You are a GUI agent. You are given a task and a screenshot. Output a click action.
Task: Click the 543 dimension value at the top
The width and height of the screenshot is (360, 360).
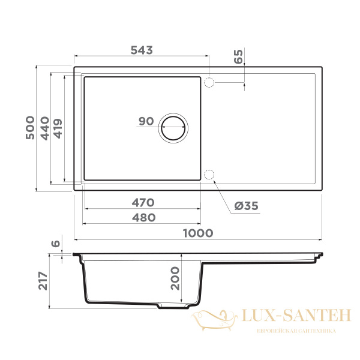(x=142, y=50)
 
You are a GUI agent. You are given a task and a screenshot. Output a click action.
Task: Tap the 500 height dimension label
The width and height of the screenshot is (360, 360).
(x=30, y=128)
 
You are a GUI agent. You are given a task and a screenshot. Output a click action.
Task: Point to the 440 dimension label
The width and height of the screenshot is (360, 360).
(x=44, y=128)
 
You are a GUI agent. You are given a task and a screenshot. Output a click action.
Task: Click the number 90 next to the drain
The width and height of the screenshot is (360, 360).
(x=146, y=121)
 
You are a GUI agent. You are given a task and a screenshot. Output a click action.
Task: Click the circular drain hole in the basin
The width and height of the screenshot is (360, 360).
(x=173, y=128)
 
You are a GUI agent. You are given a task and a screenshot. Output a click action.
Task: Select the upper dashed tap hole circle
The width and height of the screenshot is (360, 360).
(x=209, y=82)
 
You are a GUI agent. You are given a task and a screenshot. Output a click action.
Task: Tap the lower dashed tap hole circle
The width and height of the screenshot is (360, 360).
(x=209, y=175)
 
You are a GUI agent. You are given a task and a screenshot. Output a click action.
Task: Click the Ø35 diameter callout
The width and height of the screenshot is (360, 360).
(x=245, y=206)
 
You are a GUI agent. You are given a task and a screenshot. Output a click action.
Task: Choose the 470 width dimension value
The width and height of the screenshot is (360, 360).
(x=143, y=202)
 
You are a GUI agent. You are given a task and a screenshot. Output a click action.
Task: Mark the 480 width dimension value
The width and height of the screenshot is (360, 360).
(x=143, y=217)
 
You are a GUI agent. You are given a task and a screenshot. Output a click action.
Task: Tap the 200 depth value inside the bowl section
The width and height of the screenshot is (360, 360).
(x=175, y=278)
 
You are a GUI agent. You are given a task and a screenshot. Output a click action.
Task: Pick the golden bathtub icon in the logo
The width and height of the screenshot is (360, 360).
(x=214, y=319)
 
